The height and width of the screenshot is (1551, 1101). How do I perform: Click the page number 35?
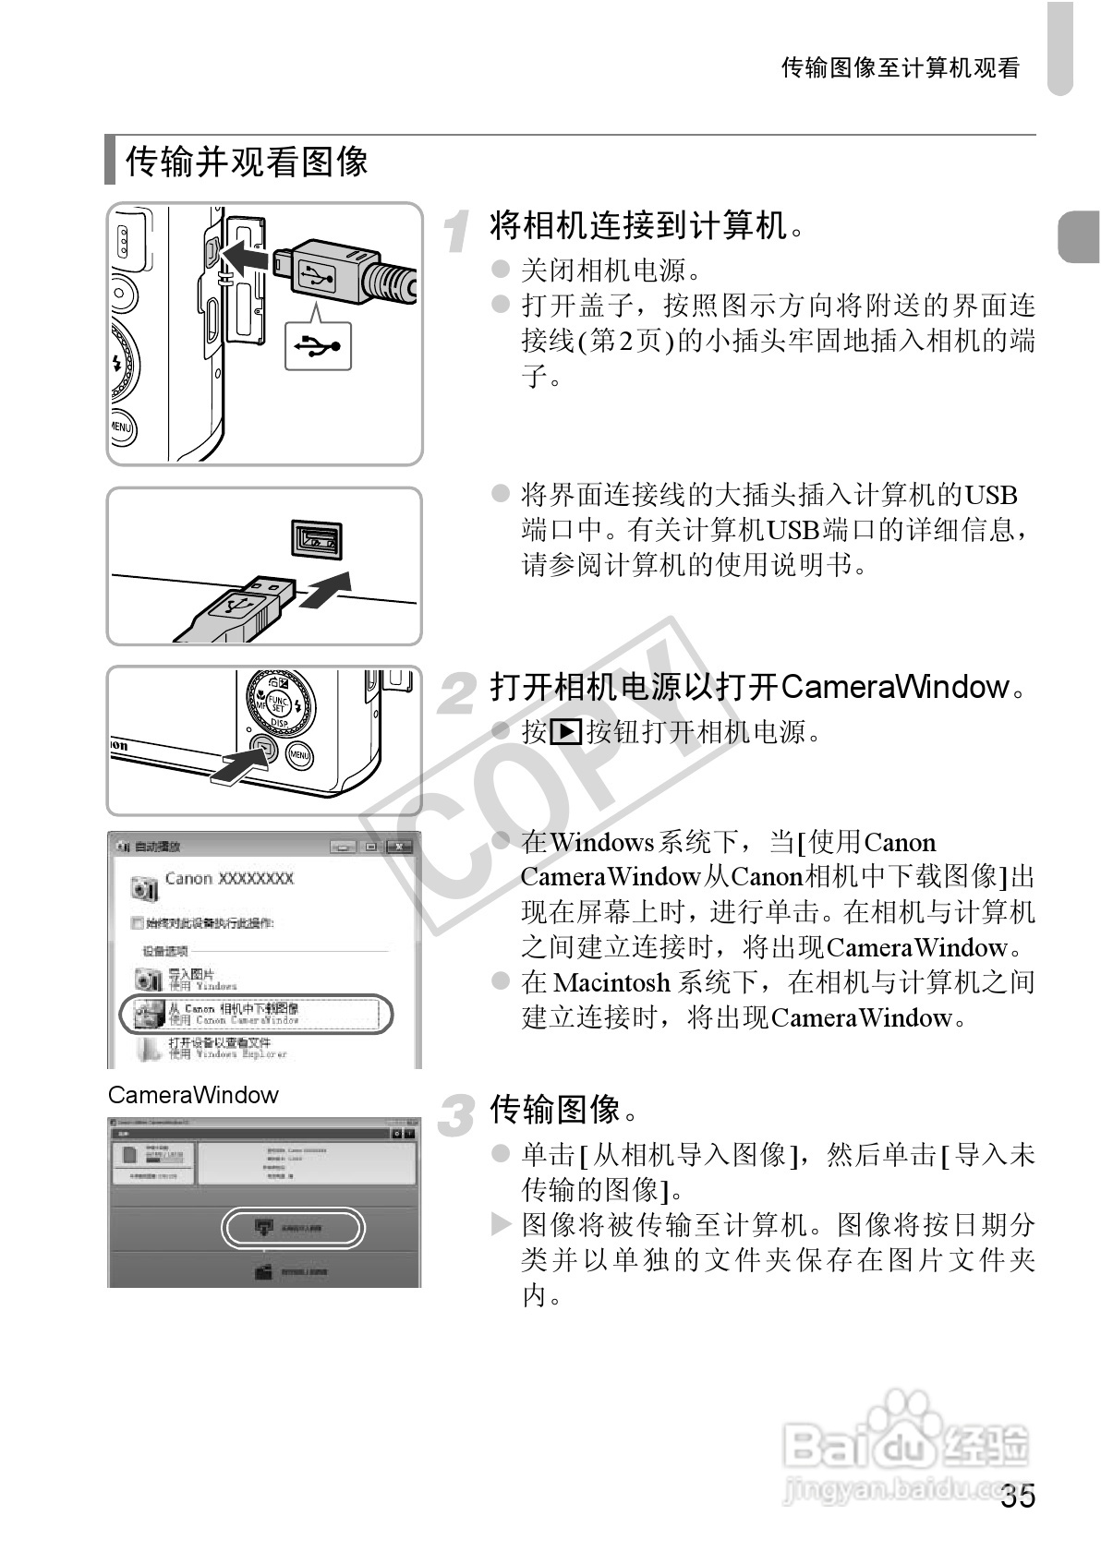[1018, 1496]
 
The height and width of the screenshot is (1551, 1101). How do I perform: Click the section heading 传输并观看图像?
[247, 162]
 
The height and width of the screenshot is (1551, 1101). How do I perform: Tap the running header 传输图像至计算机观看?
[900, 68]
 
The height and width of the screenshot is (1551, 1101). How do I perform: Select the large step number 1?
[456, 231]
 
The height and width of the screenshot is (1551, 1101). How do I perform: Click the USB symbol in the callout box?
[318, 346]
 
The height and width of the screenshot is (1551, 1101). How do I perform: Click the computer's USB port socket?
[317, 538]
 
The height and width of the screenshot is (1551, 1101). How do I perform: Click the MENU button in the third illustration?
[299, 754]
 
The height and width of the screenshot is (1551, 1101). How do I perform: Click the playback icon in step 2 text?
[565, 732]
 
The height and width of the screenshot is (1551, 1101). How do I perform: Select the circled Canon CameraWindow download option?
[256, 1014]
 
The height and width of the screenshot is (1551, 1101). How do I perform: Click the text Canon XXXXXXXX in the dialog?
[229, 878]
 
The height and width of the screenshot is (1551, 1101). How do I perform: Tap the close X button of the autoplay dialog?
[399, 846]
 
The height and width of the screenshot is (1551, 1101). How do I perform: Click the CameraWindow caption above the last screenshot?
[193, 1095]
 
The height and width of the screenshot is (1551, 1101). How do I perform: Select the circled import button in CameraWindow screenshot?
[293, 1228]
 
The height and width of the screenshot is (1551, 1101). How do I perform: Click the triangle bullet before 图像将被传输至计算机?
[501, 1225]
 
